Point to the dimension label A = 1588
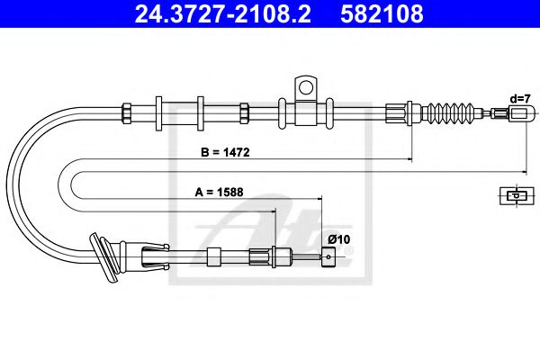click(x=219, y=191)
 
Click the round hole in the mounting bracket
click(x=305, y=87)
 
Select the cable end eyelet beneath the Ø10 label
click(x=331, y=258)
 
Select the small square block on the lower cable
click(x=213, y=256)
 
